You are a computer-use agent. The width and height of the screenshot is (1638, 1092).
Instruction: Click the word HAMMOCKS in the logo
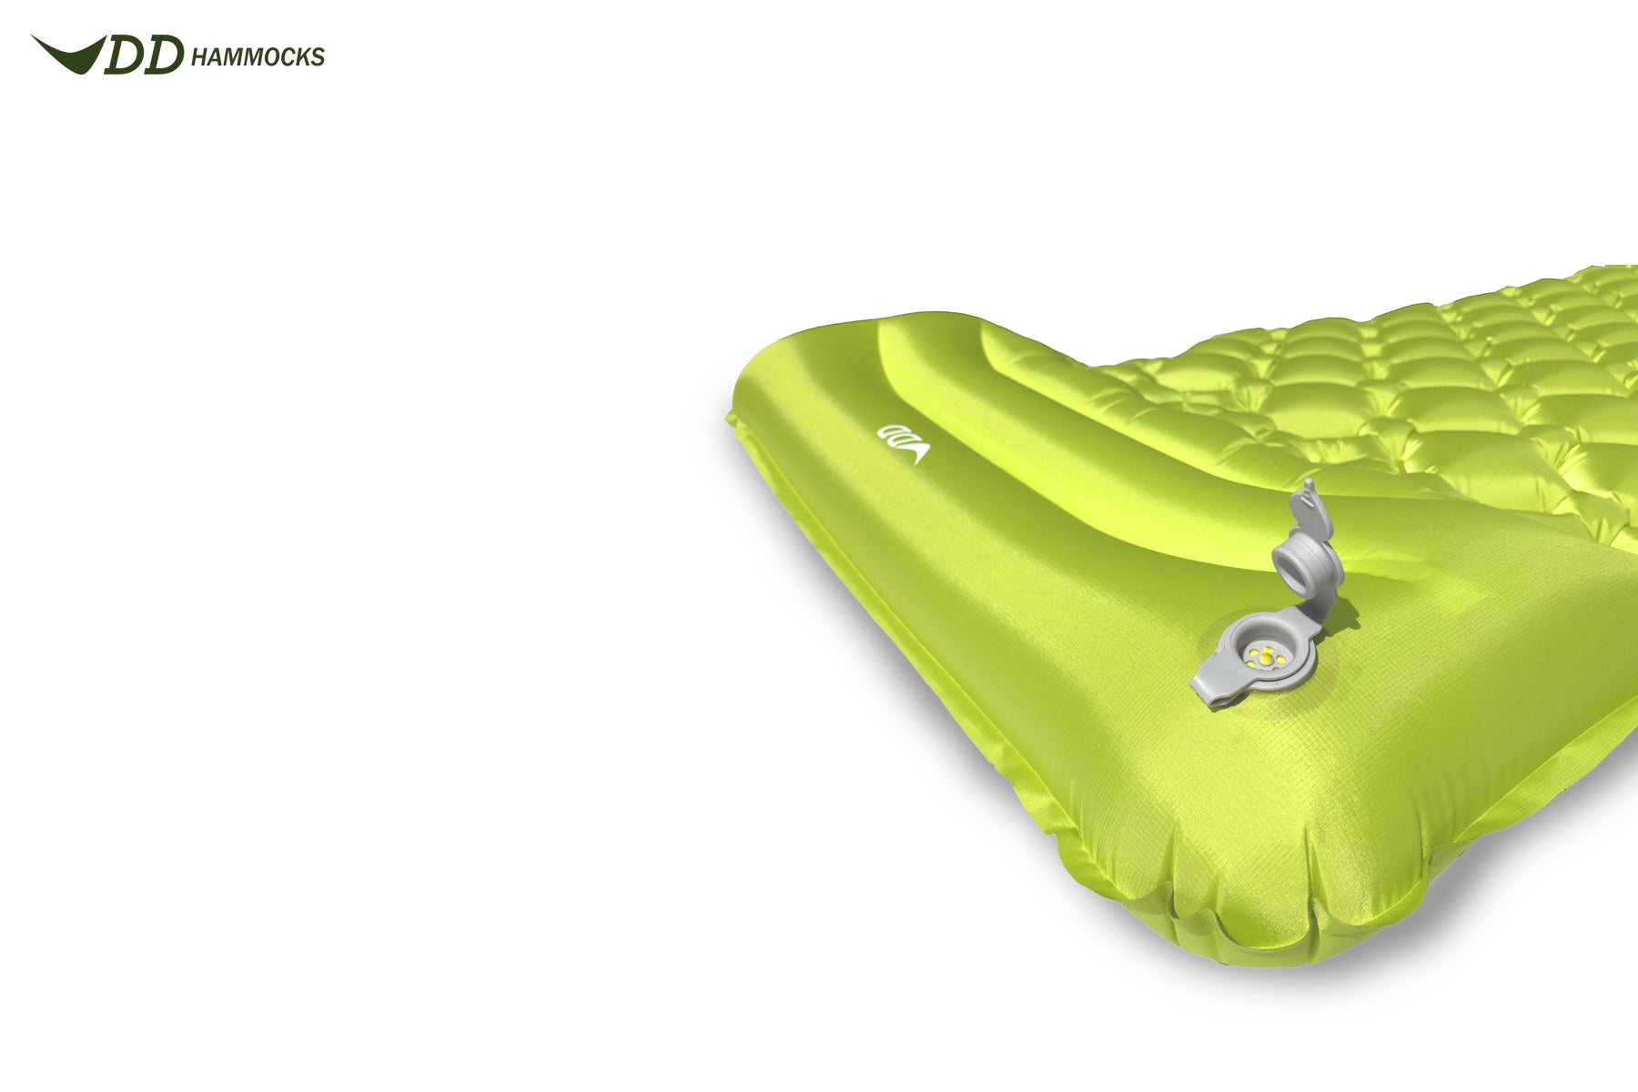(258, 57)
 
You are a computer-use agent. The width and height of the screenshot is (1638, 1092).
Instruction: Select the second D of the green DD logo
(165, 56)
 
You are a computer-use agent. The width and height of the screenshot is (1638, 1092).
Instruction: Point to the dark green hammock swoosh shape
(67, 54)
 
